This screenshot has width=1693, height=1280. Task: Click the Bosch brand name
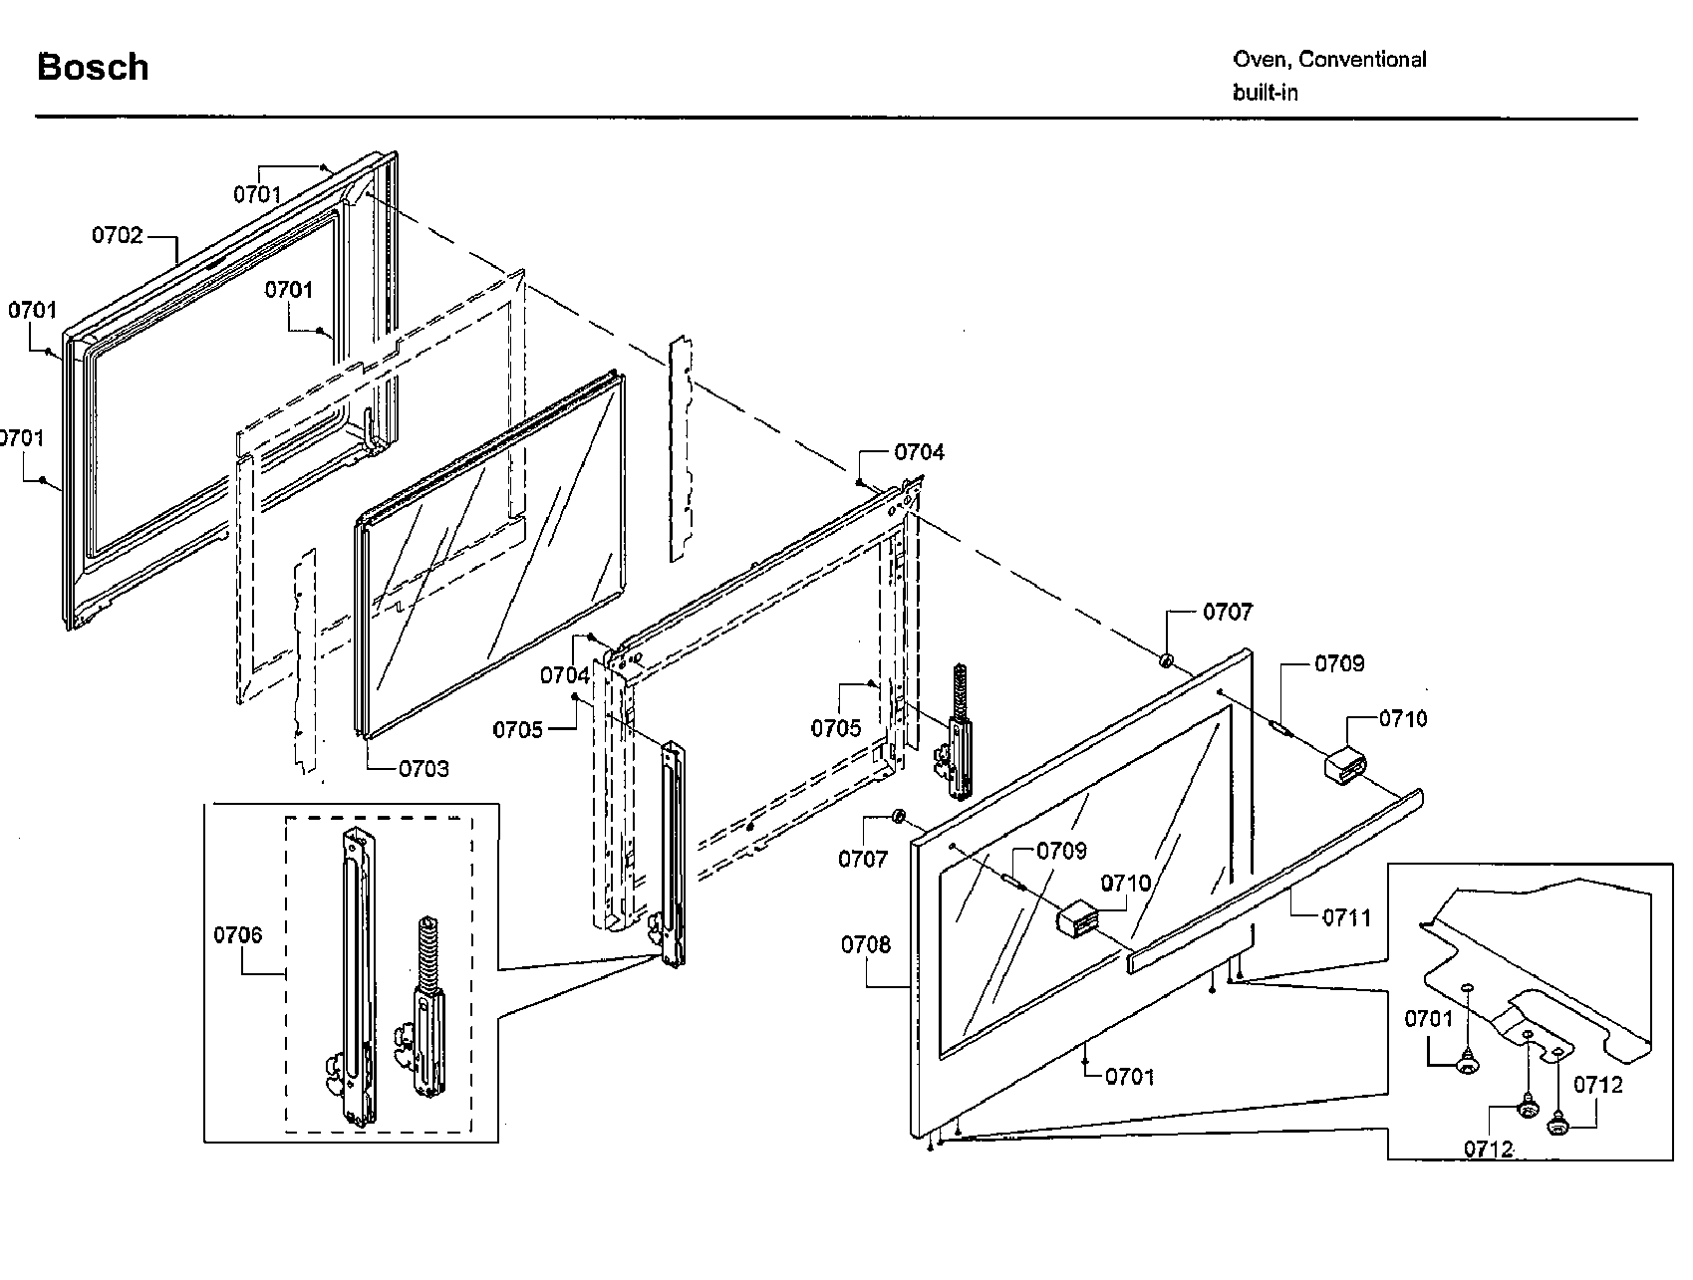[93, 68]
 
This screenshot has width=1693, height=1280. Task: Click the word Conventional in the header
[1362, 60]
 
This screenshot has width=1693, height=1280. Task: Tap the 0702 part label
[118, 236]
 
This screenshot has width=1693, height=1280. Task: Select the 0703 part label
[423, 769]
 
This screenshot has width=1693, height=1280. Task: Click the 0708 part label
[865, 944]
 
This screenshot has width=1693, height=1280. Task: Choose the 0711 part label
[1346, 917]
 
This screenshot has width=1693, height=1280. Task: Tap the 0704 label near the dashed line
[919, 452]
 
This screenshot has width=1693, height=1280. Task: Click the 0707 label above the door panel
[1228, 612]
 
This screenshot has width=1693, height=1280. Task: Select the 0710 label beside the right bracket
[1403, 719]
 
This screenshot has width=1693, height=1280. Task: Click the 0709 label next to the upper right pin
[1339, 664]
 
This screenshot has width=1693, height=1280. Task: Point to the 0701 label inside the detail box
[1429, 1019]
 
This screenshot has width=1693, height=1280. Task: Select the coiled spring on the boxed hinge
[426, 948]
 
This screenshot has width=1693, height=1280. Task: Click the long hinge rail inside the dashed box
[357, 976]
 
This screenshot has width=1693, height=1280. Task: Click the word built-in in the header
[1265, 93]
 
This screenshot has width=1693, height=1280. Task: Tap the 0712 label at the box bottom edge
[1489, 1150]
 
